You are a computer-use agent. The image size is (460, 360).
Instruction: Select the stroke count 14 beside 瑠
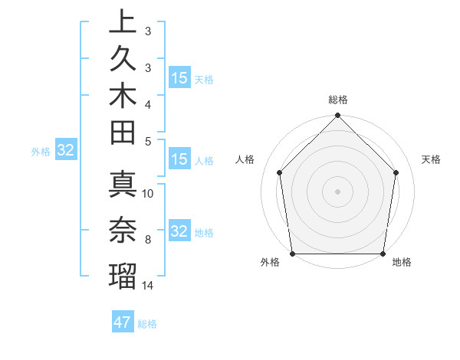point(149,286)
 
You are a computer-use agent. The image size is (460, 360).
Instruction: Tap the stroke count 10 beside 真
point(149,194)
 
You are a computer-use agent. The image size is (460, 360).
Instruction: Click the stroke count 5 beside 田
point(147,140)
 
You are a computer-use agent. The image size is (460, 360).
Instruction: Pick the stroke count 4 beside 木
point(147,103)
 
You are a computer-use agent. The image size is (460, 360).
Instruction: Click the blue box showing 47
point(123,322)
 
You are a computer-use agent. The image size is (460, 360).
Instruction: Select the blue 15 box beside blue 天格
point(179,78)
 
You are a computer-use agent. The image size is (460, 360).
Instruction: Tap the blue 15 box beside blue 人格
point(179,160)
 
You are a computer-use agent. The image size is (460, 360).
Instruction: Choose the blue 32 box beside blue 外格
point(65,151)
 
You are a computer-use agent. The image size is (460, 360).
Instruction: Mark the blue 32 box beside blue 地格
point(179,232)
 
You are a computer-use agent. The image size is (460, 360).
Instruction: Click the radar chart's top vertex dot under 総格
point(337,116)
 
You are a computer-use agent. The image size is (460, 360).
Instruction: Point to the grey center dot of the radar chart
point(337,191)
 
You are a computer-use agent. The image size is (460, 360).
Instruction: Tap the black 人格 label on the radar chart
point(245,159)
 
